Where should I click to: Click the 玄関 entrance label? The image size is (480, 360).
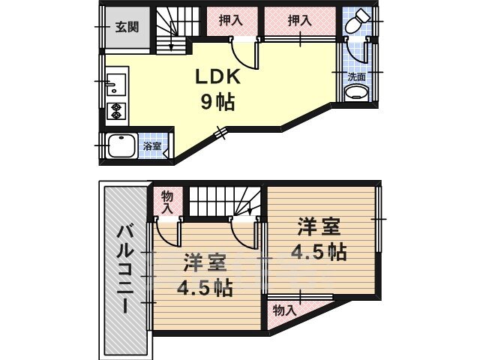[x=127, y=27]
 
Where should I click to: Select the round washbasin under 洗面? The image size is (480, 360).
[x=357, y=92]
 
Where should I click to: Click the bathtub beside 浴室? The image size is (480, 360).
[x=122, y=145]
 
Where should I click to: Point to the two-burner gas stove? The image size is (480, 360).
[x=116, y=112]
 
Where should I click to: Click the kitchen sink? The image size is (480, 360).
[x=115, y=85]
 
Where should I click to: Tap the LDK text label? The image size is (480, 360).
[x=217, y=76]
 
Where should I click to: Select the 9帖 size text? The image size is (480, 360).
[x=217, y=102]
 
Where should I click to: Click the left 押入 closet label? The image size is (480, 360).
[x=231, y=21]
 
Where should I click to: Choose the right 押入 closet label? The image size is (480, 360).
[x=300, y=21]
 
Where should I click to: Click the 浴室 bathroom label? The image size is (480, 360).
[x=152, y=146]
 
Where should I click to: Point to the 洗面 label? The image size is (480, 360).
[x=357, y=76]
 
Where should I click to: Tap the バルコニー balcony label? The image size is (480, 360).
[x=125, y=268]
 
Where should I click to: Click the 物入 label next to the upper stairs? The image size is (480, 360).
[x=167, y=202]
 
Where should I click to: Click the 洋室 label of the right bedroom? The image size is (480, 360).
[x=319, y=226]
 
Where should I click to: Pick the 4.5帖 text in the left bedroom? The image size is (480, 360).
[x=205, y=288]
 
